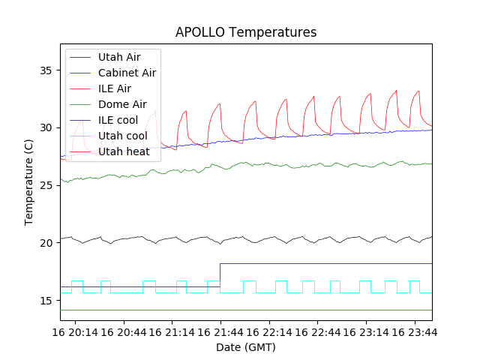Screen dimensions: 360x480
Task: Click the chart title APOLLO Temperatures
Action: [246, 32]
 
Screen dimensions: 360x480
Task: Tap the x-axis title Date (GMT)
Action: [246, 347]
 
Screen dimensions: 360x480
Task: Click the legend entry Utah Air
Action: [119, 57]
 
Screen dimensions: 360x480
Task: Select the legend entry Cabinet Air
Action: [127, 73]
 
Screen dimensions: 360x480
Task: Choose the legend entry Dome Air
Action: [122, 104]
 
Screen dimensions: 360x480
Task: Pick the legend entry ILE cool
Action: [118, 120]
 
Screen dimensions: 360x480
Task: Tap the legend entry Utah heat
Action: [124, 151]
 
